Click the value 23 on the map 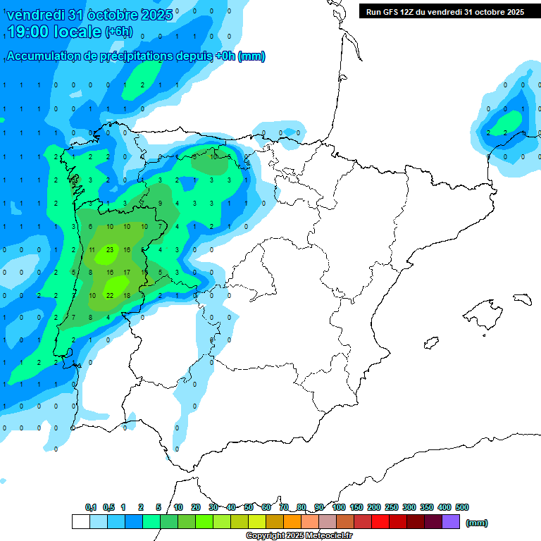[x=110, y=249]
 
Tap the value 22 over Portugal [x=110, y=295]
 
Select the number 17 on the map [x=127, y=272]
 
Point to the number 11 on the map [x=92, y=249]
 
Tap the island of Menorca [x=522, y=299]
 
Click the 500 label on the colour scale [x=462, y=507]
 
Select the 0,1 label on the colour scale [x=91, y=507]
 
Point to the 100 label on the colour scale [x=339, y=507]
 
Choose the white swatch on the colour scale [x=81, y=522]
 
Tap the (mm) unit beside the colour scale [x=477, y=523]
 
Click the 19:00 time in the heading [x=27, y=31]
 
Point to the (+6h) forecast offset [x=123, y=32]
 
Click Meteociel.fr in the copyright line [x=319, y=535]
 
